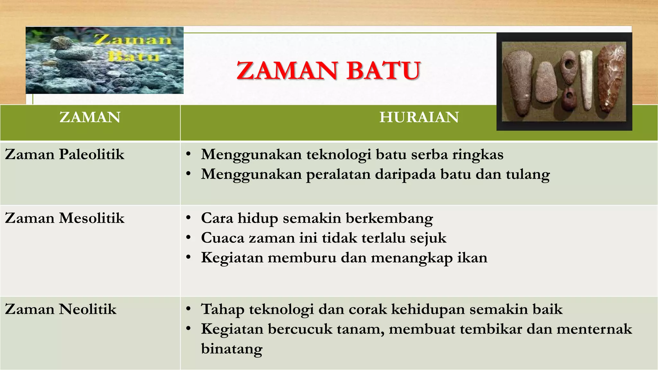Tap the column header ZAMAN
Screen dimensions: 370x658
click(x=90, y=117)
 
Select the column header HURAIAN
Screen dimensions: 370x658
click(x=419, y=117)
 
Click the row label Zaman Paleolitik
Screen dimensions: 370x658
click(x=65, y=154)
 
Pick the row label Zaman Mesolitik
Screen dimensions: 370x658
click(x=65, y=218)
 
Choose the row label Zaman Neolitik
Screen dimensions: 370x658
click(x=61, y=309)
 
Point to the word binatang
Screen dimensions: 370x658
click(x=232, y=349)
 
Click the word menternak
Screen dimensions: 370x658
click(x=594, y=329)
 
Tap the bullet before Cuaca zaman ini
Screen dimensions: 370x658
click(x=189, y=238)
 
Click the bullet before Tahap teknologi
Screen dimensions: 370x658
click(x=189, y=309)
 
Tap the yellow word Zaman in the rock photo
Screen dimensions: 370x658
click(x=133, y=40)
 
